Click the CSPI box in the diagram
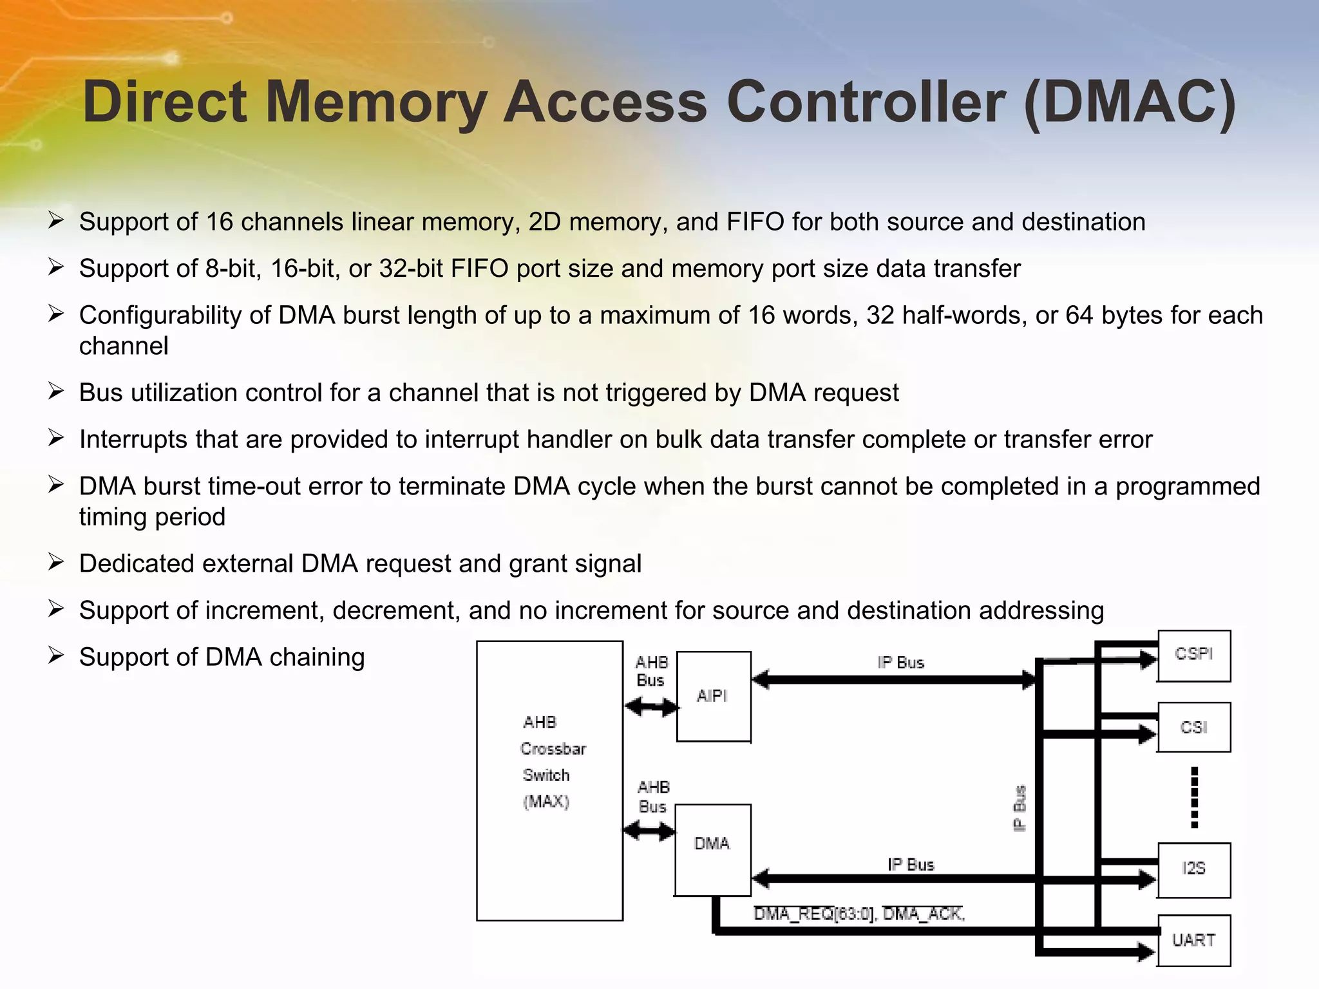(1193, 655)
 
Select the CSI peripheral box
(1193, 728)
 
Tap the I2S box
(1193, 869)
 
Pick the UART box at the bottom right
(1193, 941)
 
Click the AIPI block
(713, 696)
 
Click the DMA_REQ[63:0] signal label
(815, 914)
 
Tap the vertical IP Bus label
(1020, 808)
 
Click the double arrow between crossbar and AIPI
(651, 708)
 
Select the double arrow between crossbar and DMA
(649, 831)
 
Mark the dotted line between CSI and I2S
(1195, 797)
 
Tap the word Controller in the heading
(866, 102)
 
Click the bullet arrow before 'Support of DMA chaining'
(56, 656)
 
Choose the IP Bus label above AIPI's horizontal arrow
(900, 663)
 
